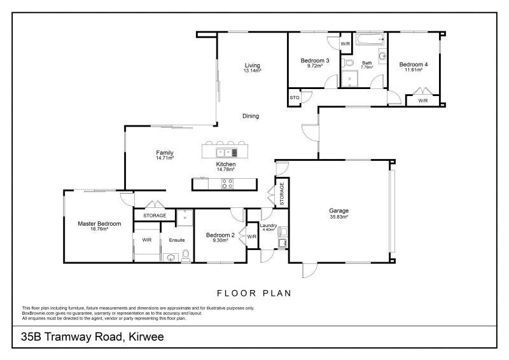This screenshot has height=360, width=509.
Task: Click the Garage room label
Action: click(338, 211)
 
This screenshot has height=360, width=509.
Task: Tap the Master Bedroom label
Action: click(99, 223)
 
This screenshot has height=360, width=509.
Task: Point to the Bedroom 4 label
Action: click(414, 64)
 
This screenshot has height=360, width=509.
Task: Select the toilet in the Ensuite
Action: click(186, 256)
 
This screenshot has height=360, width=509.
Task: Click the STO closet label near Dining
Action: click(294, 98)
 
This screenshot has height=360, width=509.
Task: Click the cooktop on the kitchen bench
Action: click(227, 184)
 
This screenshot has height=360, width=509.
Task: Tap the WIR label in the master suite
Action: click(147, 240)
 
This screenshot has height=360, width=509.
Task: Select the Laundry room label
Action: click(268, 225)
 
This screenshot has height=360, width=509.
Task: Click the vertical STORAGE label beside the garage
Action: click(281, 193)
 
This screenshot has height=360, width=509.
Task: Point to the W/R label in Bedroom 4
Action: click(423, 101)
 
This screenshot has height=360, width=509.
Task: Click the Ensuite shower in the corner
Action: click(185, 216)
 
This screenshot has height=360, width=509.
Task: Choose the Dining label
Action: click(250, 116)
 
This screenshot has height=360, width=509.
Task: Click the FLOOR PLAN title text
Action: click(254, 293)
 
